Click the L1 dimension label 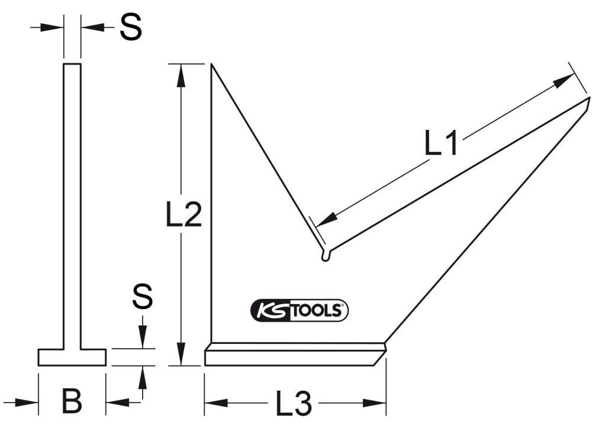pyautogui.click(x=442, y=143)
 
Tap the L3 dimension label pyautogui.click(x=294, y=405)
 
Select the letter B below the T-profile pyautogui.click(x=72, y=402)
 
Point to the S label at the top pyautogui.click(x=130, y=27)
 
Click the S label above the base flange pyautogui.click(x=142, y=296)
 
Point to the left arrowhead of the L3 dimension pyautogui.click(x=211, y=403)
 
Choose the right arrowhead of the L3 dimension pyautogui.click(x=379, y=403)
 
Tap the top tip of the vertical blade pyautogui.click(x=212, y=65)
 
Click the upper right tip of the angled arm pyautogui.click(x=589, y=98)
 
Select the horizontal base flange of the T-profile pyautogui.click(x=72, y=357)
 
